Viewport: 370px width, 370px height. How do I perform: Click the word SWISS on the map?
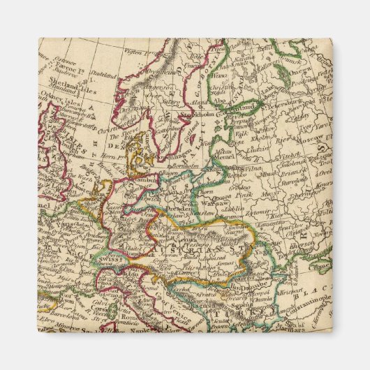point(112,258)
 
